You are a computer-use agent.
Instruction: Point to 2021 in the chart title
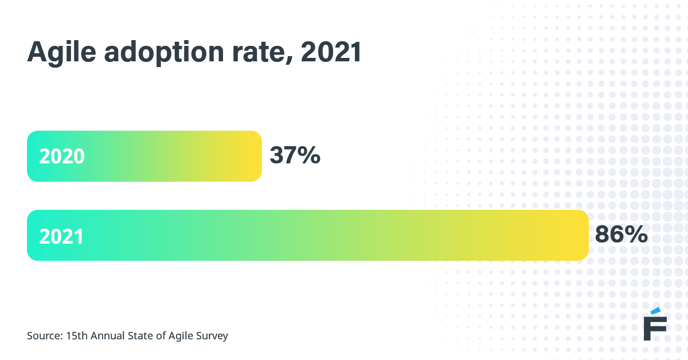pyautogui.click(x=331, y=53)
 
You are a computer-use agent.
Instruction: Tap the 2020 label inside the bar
pyautogui.click(x=62, y=156)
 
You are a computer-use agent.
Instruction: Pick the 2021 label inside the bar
pyautogui.click(x=61, y=236)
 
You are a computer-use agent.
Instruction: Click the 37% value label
pyautogui.click(x=295, y=156)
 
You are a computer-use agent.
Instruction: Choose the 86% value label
pyautogui.click(x=621, y=234)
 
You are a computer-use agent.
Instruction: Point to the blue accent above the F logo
pyautogui.click(x=659, y=310)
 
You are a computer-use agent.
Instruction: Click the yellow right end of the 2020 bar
pyautogui.click(x=249, y=156)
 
